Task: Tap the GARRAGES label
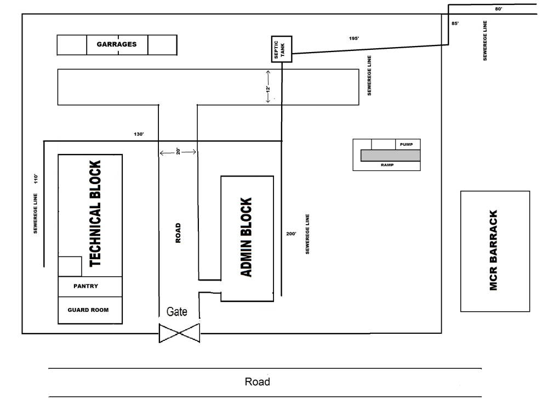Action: [117, 44]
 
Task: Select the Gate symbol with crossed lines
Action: [179, 333]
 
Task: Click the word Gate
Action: [176, 311]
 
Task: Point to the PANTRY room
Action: [90, 287]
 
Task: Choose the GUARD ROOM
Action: [90, 310]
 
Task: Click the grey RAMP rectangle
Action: [390, 156]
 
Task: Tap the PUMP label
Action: [407, 144]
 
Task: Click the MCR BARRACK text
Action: [493, 250]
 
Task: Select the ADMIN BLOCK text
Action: [247, 237]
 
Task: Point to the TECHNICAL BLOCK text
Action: [95, 214]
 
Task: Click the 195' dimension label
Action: [354, 38]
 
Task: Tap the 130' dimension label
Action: [139, 134]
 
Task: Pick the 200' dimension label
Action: [291, 234]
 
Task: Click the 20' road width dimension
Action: [178, 152]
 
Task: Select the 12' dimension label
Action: [269, 89]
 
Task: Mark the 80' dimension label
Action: [499, 9]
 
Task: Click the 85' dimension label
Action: [455, 24]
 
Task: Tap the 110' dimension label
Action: [36, 179]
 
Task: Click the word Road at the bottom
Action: [257, 381]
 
